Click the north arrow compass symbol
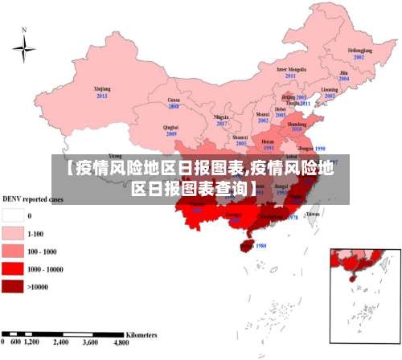[24, 48]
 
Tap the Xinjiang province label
[101, 89]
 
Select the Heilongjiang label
[360, 51]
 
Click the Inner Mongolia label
[291, 69]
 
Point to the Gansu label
[173, 100]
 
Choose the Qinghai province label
[170, 127]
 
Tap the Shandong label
[297, 125]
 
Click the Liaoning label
[330, 90]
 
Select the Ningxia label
[222, 117]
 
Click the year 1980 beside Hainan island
[260, 246]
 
